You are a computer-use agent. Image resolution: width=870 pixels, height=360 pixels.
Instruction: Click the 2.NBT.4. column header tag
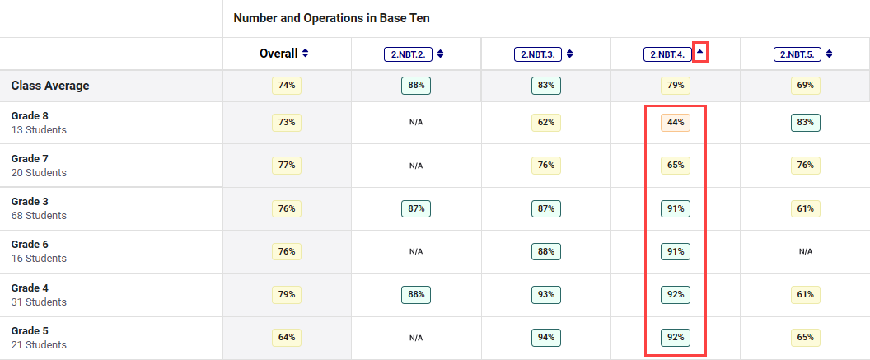[667, 54]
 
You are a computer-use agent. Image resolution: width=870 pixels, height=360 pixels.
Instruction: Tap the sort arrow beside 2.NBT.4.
[700, 53]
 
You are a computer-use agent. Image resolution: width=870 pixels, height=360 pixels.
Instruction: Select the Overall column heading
[278, 54]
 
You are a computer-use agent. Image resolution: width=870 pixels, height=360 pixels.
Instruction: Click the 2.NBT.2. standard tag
[408, 54]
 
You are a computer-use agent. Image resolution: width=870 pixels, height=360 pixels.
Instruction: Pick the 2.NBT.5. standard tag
[797, 54]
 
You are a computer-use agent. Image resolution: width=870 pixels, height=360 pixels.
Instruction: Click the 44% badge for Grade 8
[676, 123]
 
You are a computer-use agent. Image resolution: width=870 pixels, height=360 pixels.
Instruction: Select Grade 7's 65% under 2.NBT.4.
[676, 166]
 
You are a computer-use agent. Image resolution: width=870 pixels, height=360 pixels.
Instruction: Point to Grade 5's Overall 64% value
[287, 337]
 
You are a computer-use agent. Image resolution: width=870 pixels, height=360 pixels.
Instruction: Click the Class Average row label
[50, 86]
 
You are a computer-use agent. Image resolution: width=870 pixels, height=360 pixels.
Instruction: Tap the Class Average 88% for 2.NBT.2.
[416, 85]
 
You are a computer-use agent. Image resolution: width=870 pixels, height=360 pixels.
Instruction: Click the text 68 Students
[39, 216]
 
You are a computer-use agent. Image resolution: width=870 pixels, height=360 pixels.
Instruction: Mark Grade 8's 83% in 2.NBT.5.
[805, 123]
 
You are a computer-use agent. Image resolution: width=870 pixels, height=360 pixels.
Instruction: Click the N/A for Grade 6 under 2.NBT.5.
[805, 252]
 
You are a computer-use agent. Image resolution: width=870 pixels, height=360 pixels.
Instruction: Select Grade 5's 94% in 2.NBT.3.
[546, 337]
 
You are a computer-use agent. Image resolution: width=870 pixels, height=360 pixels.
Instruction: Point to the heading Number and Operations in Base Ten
[331, 17]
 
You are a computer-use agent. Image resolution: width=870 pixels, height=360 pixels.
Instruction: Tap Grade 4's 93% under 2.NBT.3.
[546, 294]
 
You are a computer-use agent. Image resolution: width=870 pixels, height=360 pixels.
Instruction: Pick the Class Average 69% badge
[805, 85]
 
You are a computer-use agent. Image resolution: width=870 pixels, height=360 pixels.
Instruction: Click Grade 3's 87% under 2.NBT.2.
[416, 208]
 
